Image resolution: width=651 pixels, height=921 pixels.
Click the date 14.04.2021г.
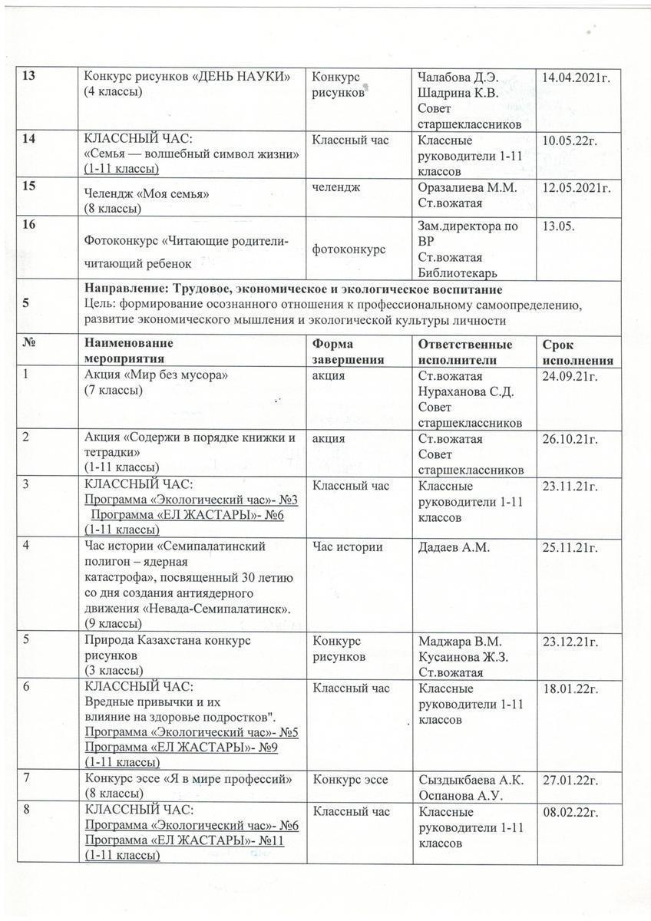(577, 78)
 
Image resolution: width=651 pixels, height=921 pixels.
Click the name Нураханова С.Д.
(465, 392)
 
